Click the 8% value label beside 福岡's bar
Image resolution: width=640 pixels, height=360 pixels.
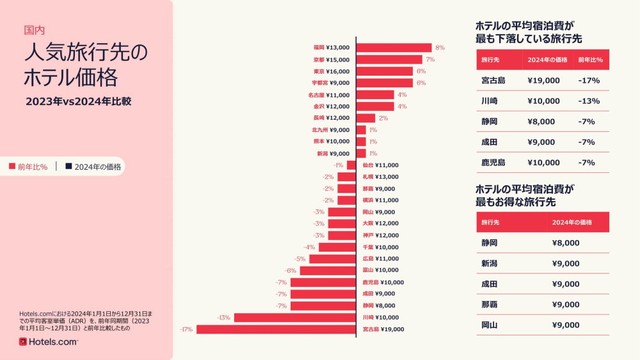439,47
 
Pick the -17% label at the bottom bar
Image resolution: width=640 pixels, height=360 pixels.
186,329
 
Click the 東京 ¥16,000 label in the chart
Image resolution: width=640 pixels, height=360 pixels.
335,71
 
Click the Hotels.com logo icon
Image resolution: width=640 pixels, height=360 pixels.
24,343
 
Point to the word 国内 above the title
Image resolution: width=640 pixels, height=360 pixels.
34,31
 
